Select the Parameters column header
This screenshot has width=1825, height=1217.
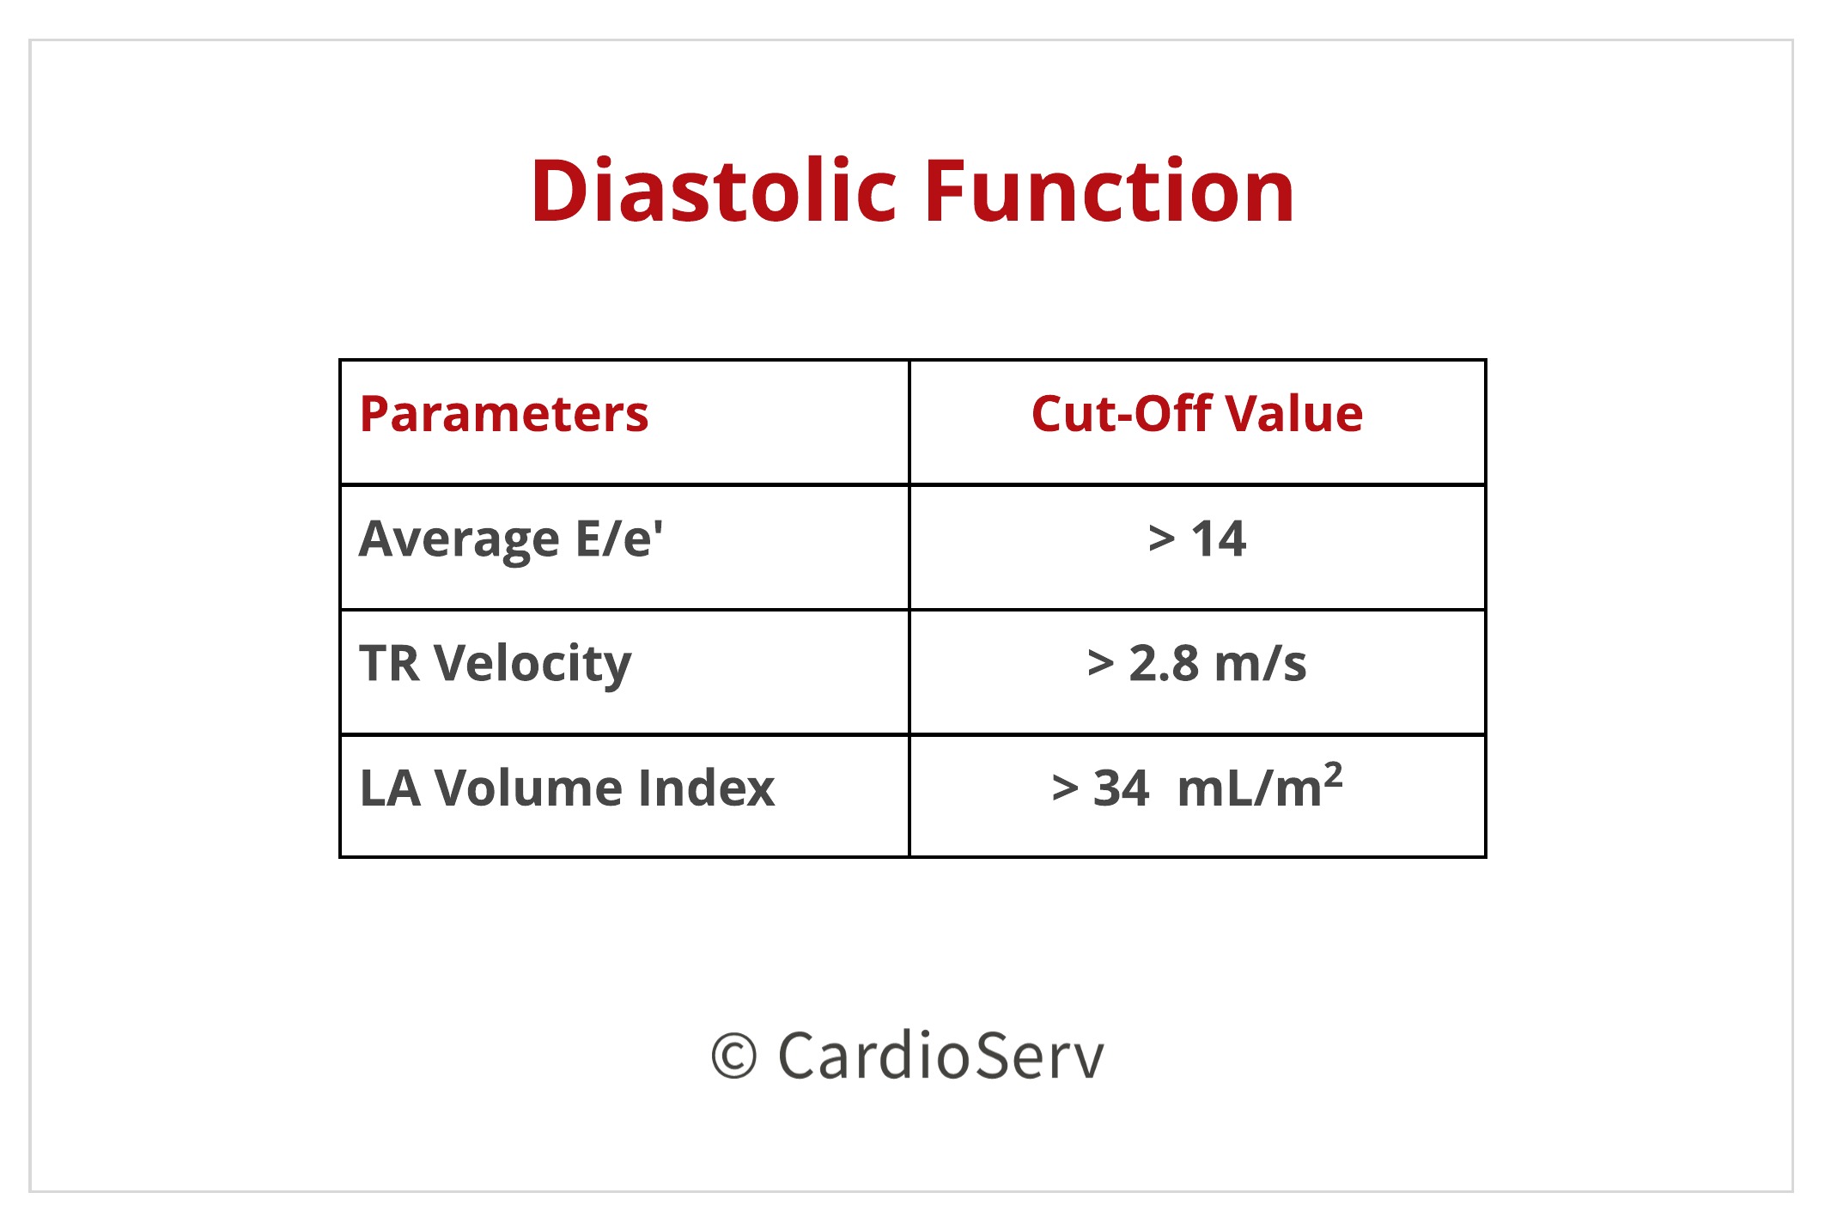click(x=504, y=415)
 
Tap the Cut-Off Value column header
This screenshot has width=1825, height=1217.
click(x=1196, y=415)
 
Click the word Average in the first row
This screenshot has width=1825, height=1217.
click(x=459, y=540)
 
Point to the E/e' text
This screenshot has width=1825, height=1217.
click(x=618, y=539)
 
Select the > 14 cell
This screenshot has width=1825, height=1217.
click(x=1196, y=540)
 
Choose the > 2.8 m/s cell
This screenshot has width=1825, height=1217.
click(x=1196, y=664)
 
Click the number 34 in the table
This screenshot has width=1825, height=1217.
click(x=1121, y=788)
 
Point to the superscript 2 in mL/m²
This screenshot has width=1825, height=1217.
click(x=1333, y=775)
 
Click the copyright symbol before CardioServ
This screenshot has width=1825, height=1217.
click(x=733, y=1056)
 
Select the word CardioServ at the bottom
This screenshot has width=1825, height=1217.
click(x=940, y=1056)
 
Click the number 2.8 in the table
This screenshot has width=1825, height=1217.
click(x=1164, y=664)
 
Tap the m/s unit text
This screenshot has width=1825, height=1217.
click(x=1261, y=664)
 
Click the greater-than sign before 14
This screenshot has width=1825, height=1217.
click(x=1161, y=540)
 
